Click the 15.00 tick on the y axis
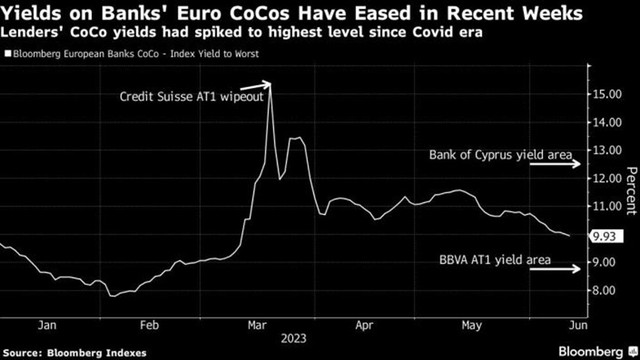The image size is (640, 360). coord(605,93)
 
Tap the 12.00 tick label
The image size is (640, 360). coord(605,178)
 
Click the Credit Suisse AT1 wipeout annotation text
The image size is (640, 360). coord(190,97)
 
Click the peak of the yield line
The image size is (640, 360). coord(270,89)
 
